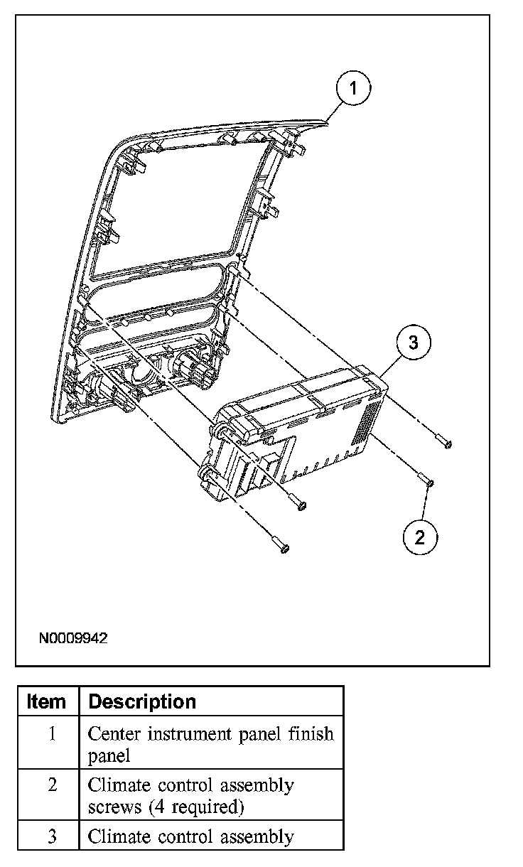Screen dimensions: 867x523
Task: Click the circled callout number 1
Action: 353,88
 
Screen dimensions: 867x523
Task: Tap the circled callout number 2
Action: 419,537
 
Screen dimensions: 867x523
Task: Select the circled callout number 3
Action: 414,343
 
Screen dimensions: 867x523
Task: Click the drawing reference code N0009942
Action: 73,638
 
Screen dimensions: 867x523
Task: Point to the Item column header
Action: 46,701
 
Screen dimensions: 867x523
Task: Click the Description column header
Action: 142,701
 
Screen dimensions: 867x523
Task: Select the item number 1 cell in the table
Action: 51,733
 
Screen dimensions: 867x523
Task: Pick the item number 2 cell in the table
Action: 51,785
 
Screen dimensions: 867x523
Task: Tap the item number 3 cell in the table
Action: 51,837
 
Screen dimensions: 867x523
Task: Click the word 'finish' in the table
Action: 311,733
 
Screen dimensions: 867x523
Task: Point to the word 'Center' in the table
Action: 114,733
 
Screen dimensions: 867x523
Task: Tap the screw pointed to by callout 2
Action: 425,480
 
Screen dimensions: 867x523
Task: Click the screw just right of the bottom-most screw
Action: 298,503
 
